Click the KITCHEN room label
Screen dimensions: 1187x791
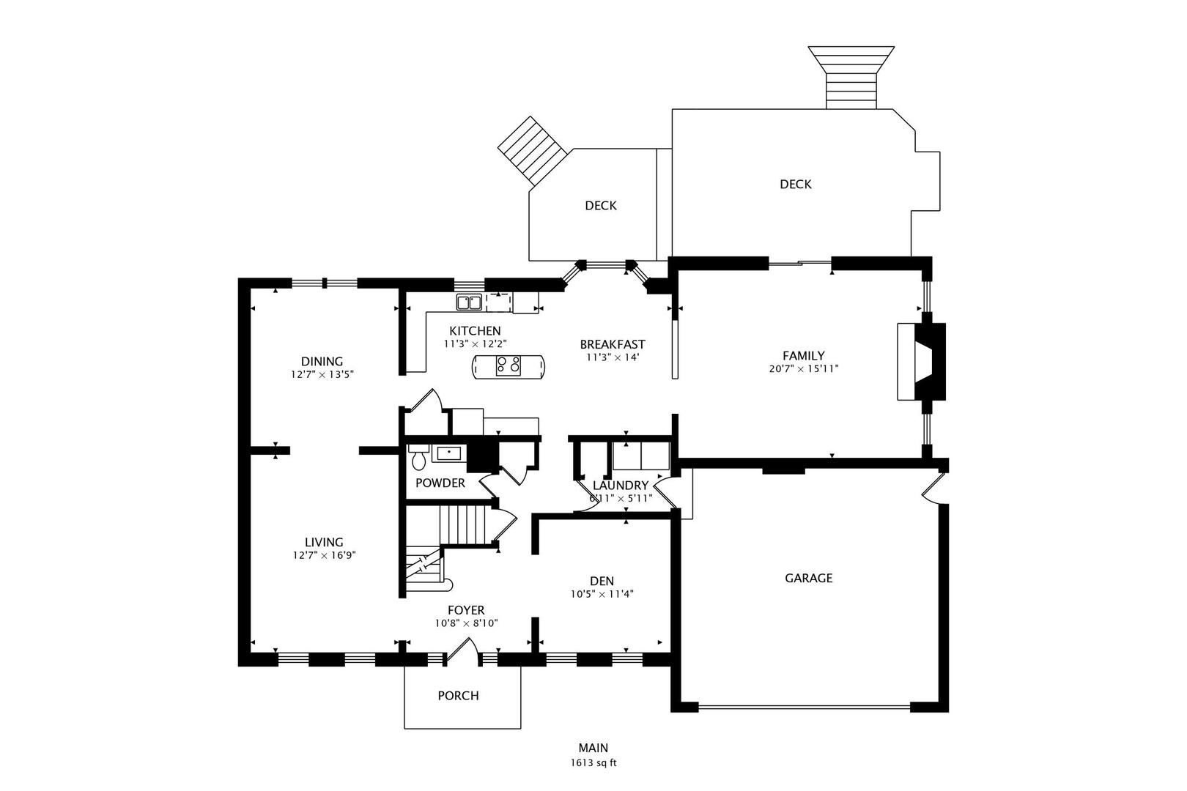point(475,331)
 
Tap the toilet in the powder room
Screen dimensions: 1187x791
point(418,457)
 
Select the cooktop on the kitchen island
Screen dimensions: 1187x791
point(509,365)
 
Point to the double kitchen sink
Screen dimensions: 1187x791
point(469,302)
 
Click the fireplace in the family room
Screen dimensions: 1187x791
point(922,361)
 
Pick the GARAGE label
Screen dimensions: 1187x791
point(809,578)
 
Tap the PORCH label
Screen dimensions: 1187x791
point(459,696)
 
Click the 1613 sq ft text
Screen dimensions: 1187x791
point(593,763)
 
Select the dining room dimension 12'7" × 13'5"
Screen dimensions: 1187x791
point(322,374)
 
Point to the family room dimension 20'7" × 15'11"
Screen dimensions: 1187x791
point(804,368)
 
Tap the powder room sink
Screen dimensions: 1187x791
point(449,453)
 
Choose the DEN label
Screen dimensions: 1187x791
point(602,582)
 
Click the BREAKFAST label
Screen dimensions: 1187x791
point(613,344)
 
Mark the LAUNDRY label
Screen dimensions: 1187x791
point(621,486)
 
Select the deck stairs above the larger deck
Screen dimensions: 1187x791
point(851,78)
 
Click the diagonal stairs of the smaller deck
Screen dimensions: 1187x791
point(533,150)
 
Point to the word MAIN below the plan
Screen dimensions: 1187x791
point(593,748)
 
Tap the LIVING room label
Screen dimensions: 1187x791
point(324,542)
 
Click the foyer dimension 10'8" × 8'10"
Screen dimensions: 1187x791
point(466,623)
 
